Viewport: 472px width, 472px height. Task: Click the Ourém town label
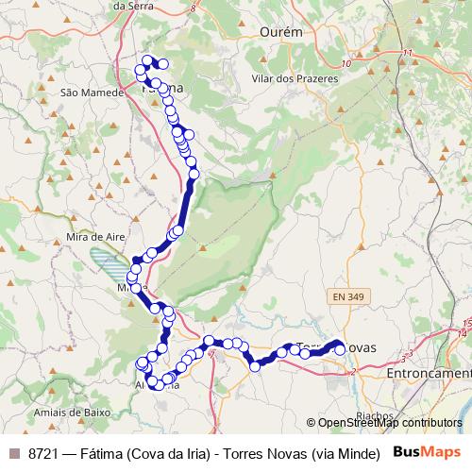point(279,32)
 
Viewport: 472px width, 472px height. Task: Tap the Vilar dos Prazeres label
point(295,79)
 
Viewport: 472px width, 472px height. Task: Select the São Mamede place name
point(93,93)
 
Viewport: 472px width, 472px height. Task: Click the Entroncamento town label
point(430,375)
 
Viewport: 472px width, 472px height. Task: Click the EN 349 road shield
point(349,297)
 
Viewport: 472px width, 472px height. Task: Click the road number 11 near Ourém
point(407,52)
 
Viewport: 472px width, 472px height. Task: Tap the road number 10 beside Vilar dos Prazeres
point(346,63)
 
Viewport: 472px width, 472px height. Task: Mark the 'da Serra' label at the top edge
point(133,5)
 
